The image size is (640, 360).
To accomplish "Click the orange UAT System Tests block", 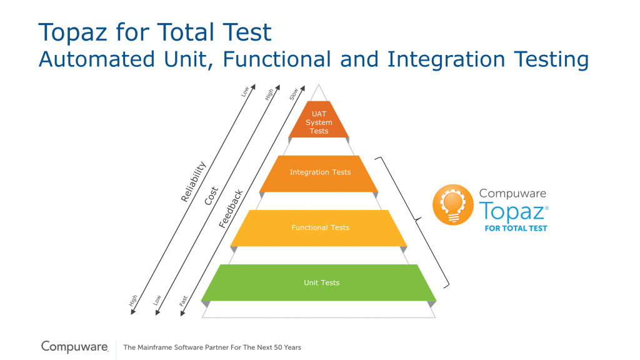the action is click(x=319, y=119).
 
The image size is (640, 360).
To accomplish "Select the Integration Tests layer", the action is click(x=319, y=174).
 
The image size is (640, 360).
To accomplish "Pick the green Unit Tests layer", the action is click(x=319, y=283).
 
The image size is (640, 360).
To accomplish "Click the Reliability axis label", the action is click(x=194, y=182).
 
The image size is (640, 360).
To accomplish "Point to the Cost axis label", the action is click(x=211, y=196).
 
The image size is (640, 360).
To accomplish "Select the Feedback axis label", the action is click(x=231, y=209).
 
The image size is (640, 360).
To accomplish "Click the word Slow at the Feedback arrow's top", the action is click(x=294, y=94).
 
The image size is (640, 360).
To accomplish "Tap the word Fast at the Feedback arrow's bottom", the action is click(x=183, y=301).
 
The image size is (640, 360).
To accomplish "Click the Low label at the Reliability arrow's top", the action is click(x=244, y=92).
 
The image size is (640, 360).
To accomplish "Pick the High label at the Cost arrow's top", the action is click(x=269, y=95).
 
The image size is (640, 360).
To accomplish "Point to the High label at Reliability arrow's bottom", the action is click(x=133, y=301).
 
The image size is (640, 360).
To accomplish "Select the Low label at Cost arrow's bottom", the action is click(x=157, y=300).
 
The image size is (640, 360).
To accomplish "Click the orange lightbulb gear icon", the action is click(x=453, y=204).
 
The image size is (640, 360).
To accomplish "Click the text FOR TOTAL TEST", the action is click(x=516, y=229).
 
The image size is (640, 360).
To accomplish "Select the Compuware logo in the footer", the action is click(x=75, y=346).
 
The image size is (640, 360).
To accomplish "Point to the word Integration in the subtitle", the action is click(x=446, y=59).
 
